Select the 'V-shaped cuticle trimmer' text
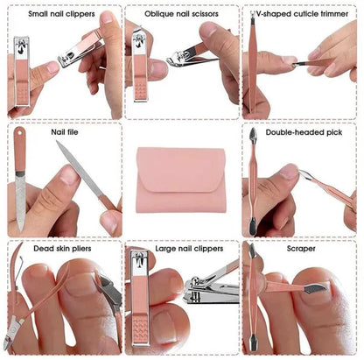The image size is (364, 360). [x=303, y=15]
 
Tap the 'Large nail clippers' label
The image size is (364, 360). [x=181, y=249]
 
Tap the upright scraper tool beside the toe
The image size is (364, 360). [x=252, y=302]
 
